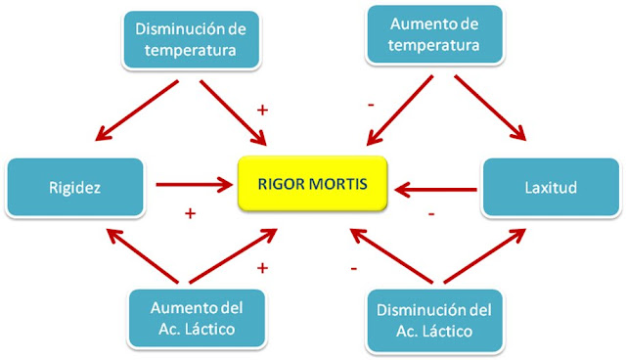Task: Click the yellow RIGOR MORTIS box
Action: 313,181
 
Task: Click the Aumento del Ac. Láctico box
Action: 196,318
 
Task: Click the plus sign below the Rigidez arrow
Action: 190,210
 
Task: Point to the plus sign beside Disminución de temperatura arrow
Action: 262,111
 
